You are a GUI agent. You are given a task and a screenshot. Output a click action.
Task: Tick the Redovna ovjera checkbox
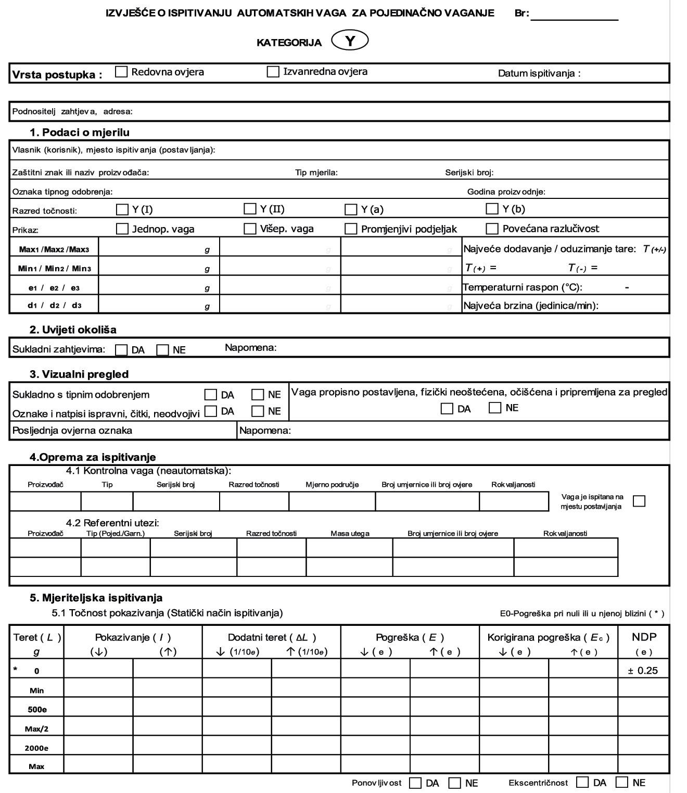pyautogui.click(x=121, y=72)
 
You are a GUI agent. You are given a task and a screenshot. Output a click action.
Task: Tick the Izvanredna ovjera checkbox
pyautogui.click(x=273, y=72)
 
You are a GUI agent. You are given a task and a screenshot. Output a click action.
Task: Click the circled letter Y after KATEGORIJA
pyautogui.click(x=350, y=41)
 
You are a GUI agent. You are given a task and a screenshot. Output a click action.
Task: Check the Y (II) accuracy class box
pyautogui.click(x=250, y=209)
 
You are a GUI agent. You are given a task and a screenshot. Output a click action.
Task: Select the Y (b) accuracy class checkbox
pyautogui.click(x=492, y=209)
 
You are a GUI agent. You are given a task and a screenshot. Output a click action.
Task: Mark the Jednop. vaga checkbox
pyautogui.click(x=122, y=229)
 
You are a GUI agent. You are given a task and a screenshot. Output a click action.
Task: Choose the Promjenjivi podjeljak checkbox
pyautogui.click(x=351, y=229)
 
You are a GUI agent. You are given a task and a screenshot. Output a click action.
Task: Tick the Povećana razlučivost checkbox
pyautogui.click(x=492, y=229)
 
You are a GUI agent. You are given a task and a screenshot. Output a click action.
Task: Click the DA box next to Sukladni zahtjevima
pyautogui.click(x=121, y=350)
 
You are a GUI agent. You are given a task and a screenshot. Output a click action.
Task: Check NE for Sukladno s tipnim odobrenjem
pyautogui.click(x=258, y=395)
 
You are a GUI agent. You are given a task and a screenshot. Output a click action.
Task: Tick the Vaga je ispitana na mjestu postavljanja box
pyautogui.click(x=639, y=501)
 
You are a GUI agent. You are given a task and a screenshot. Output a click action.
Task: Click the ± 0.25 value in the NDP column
pyautogui.click(x=643, y=671)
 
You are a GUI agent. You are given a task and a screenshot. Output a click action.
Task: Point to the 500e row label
pyautogui.click(x=36, y=710)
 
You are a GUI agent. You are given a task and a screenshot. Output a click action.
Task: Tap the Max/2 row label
pyautogui.click(x=36, y=729)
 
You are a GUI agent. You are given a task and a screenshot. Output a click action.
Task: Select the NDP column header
pyautogui.click(x=644, y=637)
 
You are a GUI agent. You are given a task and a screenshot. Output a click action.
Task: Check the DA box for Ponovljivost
pyautogui.click(x=415, y=783)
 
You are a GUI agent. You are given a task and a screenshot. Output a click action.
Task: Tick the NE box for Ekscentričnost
pyautogui.click(x=622, y=783)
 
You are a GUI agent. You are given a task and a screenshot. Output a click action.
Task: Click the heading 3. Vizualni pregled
pyautogui.click(x=79, y=374)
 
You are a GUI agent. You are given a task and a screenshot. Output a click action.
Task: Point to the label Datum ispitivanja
pyautogui.click(x=539, y=73)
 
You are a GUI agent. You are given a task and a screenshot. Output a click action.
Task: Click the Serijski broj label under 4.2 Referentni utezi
pyautogui.click(x=193, y=533)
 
